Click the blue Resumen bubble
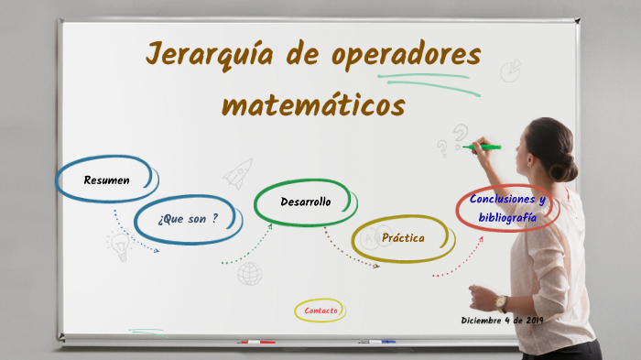106,180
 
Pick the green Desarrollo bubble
305,202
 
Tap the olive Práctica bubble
403,238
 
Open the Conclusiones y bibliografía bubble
506,209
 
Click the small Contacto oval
320,311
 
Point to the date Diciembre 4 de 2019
502,321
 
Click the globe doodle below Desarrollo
249,273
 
